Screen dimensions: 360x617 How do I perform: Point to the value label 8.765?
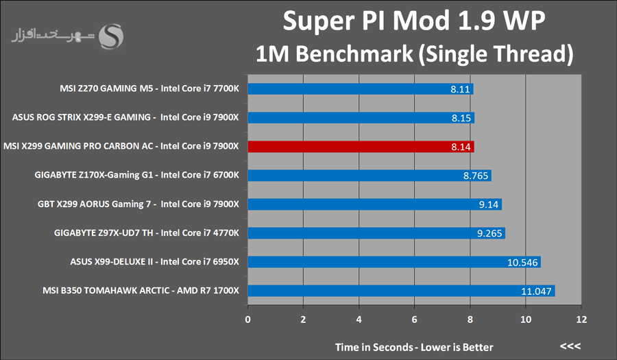click(x=475, y=176)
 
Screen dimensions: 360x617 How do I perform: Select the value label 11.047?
click(x=537, y=291)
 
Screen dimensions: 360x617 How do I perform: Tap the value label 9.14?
click(x=488, y=204)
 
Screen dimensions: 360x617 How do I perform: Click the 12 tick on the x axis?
click(x=581, y=319)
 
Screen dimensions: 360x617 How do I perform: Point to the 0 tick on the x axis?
click(x=248, y=319)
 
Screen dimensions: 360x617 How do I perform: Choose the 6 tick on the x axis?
click(x=415, y=319)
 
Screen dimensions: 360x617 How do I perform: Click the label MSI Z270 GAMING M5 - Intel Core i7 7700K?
click(x=149, y=88)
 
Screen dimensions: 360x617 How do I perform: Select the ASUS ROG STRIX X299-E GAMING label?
click(x=125, y=117)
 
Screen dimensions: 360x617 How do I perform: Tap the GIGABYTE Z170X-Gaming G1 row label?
click(x=136, y=176)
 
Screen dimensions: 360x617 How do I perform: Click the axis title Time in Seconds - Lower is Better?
click(x=414, y=346)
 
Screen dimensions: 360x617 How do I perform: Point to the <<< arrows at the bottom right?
click(x=570, y=345)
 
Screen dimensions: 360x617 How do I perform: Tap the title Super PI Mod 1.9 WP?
click(x=414, y=22)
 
